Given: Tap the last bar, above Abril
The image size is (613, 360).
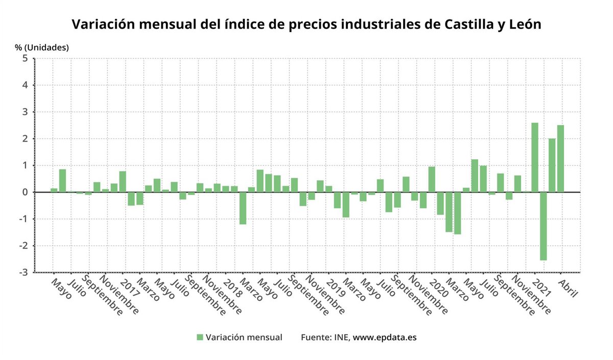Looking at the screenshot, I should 560,158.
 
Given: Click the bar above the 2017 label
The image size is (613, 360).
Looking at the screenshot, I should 123,182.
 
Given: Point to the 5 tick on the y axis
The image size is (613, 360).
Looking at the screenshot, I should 25,59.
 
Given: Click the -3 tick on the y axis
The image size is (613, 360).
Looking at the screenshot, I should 23,273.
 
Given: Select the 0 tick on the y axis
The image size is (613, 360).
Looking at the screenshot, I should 25,193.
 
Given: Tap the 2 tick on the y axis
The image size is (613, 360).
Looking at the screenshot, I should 25,139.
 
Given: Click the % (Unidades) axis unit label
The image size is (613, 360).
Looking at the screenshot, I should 41,47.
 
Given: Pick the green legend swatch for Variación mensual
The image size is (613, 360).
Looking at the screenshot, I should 200,338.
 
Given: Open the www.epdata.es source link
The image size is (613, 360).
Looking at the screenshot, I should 385,338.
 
